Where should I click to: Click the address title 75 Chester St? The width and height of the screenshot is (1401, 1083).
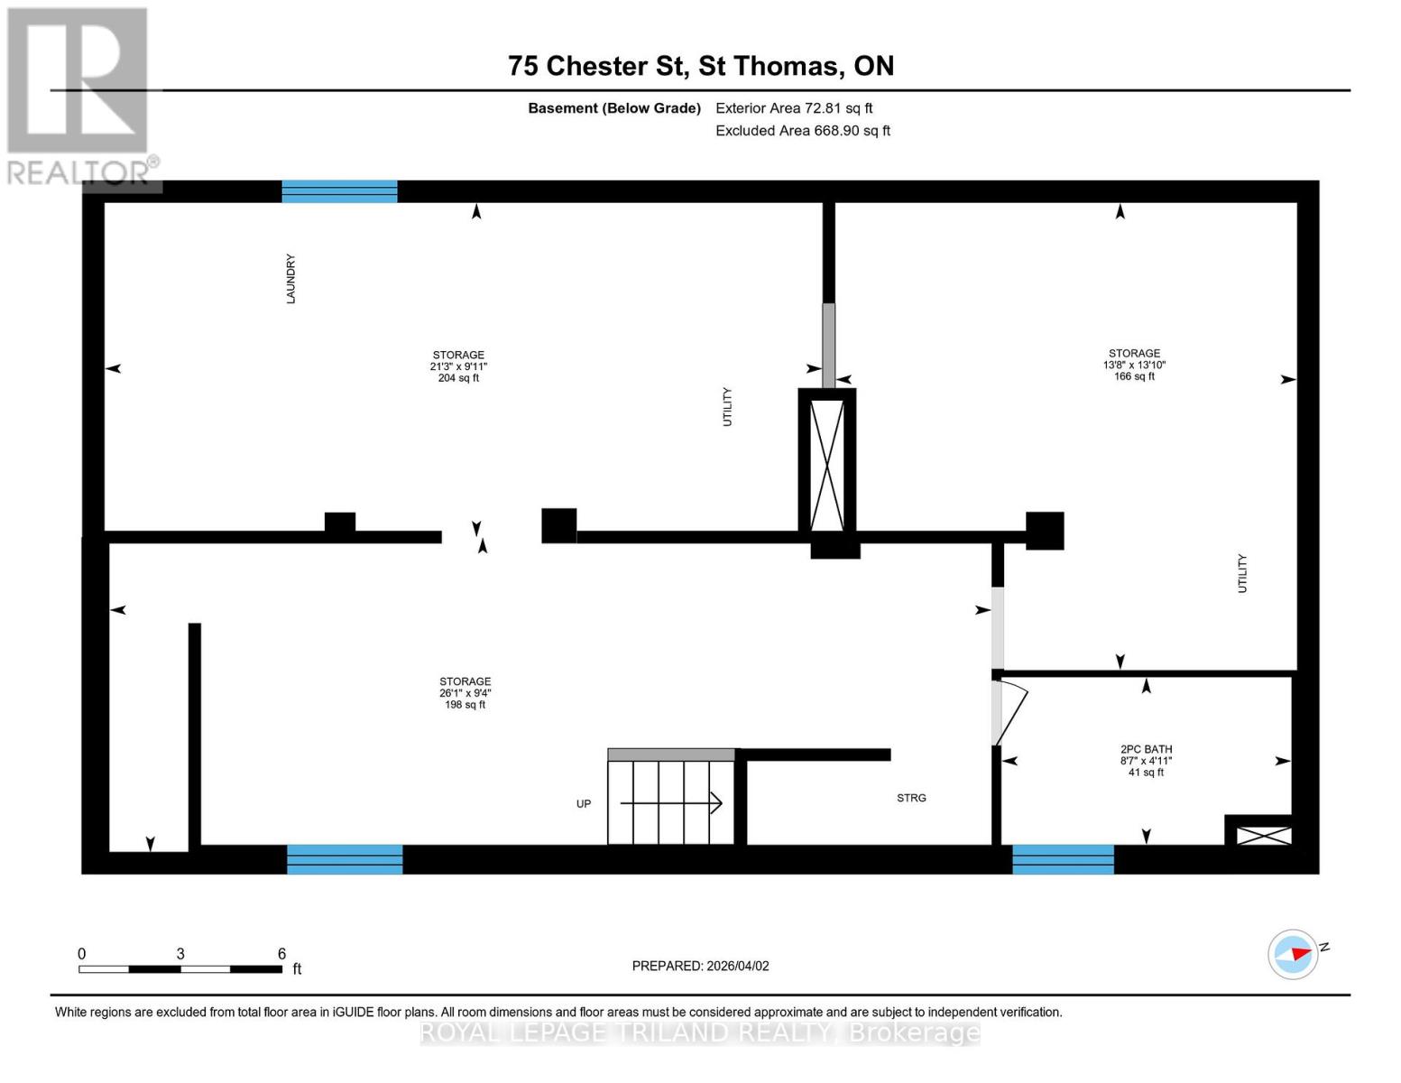[x=700, y=66]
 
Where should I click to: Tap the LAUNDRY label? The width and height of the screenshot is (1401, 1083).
[x=290, y=279]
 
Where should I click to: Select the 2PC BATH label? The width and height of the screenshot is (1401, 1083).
[x=1146, y=749]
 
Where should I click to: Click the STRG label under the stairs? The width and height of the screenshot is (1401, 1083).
[x=911, y=798]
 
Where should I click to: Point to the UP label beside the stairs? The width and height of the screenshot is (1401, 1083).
[x=584, y=803]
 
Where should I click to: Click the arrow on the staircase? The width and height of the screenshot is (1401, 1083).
[x=672, y=802]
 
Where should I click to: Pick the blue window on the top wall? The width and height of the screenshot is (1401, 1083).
[x=339, y=191]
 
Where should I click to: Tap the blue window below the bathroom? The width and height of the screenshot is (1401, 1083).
[x=1063, y=859]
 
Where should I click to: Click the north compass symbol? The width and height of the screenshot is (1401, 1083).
[x=1294, y=954]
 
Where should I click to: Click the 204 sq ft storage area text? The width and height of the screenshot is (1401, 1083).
[x=458, y=378]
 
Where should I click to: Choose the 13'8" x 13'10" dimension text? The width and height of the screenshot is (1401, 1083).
[x=1134, y=366]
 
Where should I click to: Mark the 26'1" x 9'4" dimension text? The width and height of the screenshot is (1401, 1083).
[x=465, y=693]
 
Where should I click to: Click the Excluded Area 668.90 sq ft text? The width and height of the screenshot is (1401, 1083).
[x=802, y=131]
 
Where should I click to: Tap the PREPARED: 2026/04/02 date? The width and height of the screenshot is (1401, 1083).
[x=700, y=966]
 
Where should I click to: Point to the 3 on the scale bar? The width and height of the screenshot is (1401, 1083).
[x=180, y=954]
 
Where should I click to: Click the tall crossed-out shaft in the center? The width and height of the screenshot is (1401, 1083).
[x=827, y=465]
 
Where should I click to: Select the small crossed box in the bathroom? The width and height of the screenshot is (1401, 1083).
[x=1263, y=836]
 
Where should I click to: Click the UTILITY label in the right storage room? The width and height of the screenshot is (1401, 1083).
[x=1242, y=573]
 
